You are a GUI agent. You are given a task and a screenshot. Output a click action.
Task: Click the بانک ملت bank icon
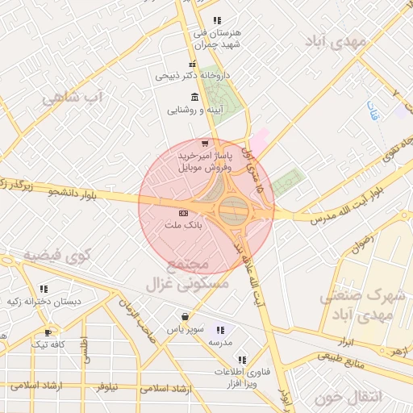pos(183,212)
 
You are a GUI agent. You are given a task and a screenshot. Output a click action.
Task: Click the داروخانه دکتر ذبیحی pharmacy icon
pos(192,65)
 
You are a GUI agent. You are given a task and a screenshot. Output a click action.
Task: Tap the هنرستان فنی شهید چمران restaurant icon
pos(216,20)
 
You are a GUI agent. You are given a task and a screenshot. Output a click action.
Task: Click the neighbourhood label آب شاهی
pos(73,98)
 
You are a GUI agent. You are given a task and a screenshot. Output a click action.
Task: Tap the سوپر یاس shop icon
pos(186,317)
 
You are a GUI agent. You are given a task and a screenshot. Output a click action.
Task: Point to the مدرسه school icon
pos(220,330)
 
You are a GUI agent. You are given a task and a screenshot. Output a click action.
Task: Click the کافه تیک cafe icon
pos(48,332)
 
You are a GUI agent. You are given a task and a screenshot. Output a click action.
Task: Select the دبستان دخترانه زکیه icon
pos(43,288)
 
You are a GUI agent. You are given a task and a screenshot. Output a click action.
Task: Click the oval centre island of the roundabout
pos(235,212)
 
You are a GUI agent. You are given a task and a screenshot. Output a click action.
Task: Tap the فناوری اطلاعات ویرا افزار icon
pos(240,359)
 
